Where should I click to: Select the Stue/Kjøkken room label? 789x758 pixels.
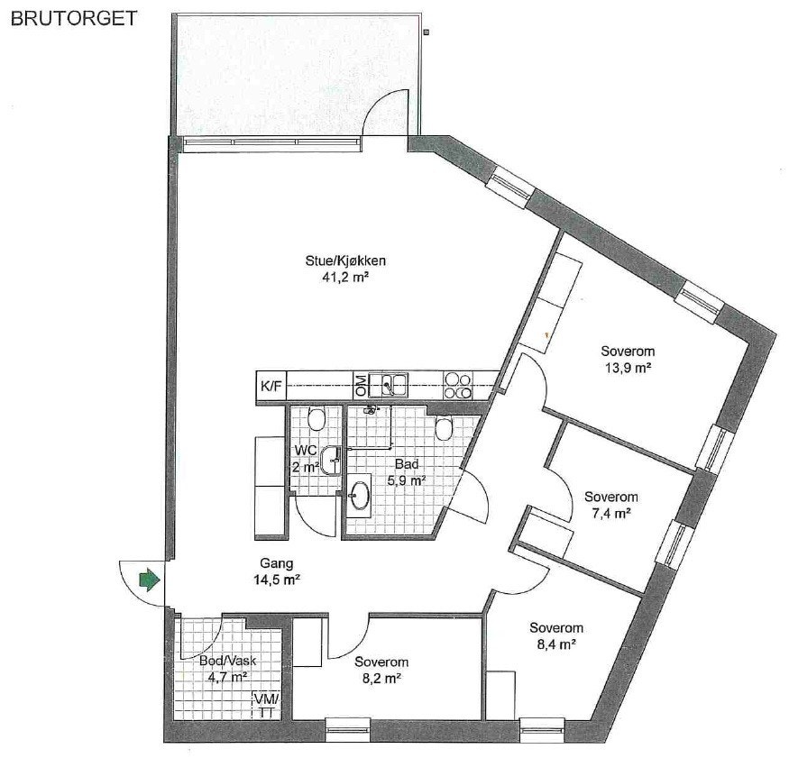click(338, 270)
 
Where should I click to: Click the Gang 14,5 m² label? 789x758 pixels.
click(277, 572)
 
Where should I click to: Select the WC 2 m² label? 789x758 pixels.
click(305, 458)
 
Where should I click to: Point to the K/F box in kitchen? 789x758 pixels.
click(271, 387)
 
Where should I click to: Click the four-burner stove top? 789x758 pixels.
click(458, 386)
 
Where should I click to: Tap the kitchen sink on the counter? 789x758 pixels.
click(393, 386)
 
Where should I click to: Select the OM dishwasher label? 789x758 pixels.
click(360, 386)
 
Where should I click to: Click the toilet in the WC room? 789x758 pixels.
click(316, 419)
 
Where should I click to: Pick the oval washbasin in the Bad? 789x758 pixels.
click(361, 494)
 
